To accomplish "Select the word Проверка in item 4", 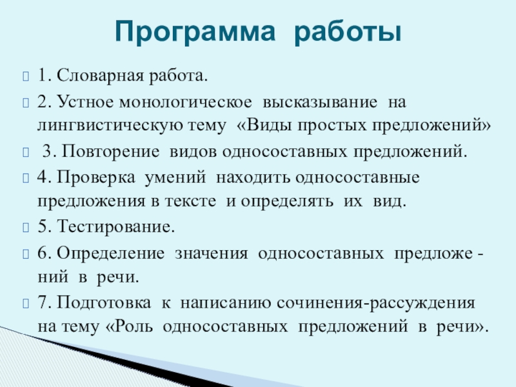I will pyautogui.click(x=87, y=177).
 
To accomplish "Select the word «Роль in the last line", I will pyautogui.click(x=130, y=326).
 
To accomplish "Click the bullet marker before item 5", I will pyautogui.click(x=26, y=227).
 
